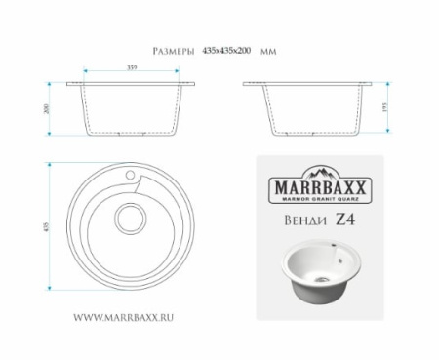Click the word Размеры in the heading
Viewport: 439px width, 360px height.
(176, 50)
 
